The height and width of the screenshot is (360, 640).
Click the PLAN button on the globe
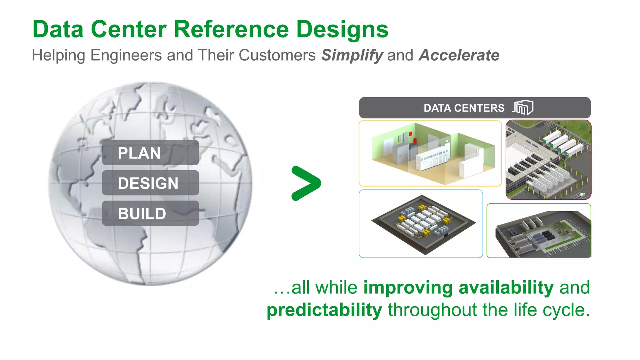point(150,153)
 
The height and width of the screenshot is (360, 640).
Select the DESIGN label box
point(150,183)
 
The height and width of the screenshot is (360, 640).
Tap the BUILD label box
point(150,213)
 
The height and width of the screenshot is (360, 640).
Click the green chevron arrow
point(306,183)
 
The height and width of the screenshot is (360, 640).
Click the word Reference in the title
point(231,29)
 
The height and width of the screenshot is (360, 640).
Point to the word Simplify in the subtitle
point(352,55)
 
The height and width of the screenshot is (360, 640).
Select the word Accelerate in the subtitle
point(459,55)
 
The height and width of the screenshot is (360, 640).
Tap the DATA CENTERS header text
point(464,108)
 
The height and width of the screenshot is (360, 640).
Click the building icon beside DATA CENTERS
point(523,108)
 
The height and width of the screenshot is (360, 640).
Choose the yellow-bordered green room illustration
point(430,153)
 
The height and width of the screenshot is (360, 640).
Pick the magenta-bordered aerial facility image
point(548,160)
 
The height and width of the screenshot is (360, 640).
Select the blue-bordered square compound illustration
point(421,224)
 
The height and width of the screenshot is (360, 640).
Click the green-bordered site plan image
point(539,231)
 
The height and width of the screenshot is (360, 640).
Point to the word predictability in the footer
point(324,310)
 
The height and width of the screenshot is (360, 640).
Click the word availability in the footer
point(506,287)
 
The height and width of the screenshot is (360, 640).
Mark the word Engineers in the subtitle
point(126,55)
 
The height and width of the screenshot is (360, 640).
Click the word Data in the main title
point(58,29)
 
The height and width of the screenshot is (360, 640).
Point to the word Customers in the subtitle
point(277,55)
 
